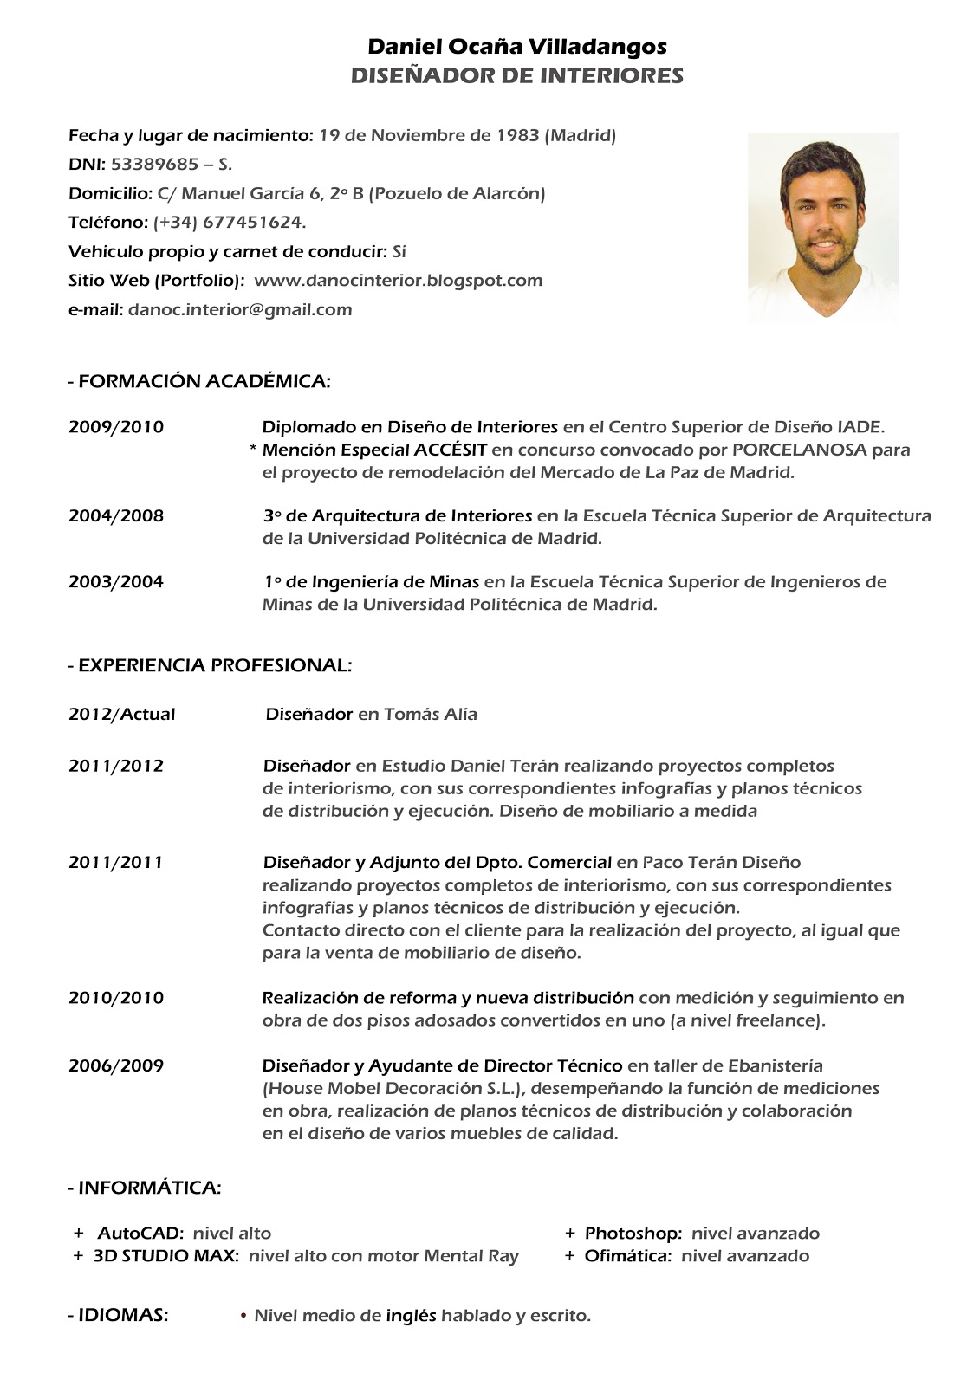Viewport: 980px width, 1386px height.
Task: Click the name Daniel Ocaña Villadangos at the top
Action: click(517, 46)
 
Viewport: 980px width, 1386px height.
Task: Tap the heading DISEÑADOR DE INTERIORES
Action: click(517, 75)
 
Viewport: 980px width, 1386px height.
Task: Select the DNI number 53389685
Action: click(154, 165)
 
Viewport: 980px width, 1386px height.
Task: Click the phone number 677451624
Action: click(253, 223)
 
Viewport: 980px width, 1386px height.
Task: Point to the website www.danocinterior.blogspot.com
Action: click(399, 281)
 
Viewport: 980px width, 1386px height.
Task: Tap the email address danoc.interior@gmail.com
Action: click(240, 309)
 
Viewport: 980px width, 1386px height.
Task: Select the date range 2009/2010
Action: click(116, 427)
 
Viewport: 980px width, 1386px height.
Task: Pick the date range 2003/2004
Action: click(116, 582)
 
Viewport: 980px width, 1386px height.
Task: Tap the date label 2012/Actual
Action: click(122, 715)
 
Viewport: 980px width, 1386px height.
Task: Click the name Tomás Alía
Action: click(431, 715)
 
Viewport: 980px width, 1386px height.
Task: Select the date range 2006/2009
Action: click(116, 1066)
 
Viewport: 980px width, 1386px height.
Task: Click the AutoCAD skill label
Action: click(140, 1234)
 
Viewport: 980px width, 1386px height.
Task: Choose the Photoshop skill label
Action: click(633, 1234)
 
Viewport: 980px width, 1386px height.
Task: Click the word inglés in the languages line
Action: click(411, 1316)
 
